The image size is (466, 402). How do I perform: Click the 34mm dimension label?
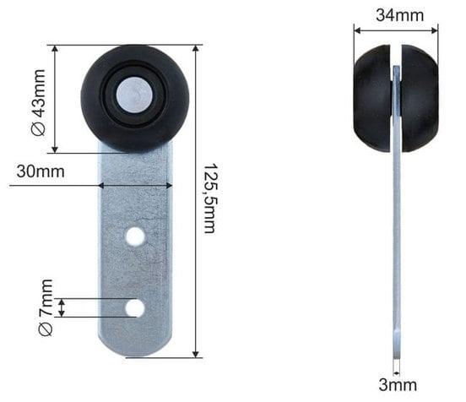point(399,15)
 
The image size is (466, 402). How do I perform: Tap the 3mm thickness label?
point(398,385)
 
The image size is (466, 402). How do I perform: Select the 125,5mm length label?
point(210,198)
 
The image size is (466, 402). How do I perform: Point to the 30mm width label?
point(41,171)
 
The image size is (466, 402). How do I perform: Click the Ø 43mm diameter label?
point(39,102)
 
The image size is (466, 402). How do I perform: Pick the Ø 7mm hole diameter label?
point(46,307)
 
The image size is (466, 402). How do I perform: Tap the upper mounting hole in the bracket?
point(135,236)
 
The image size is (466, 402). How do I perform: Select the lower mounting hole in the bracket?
point(135,307)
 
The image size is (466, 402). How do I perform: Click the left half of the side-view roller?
point(372,99)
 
